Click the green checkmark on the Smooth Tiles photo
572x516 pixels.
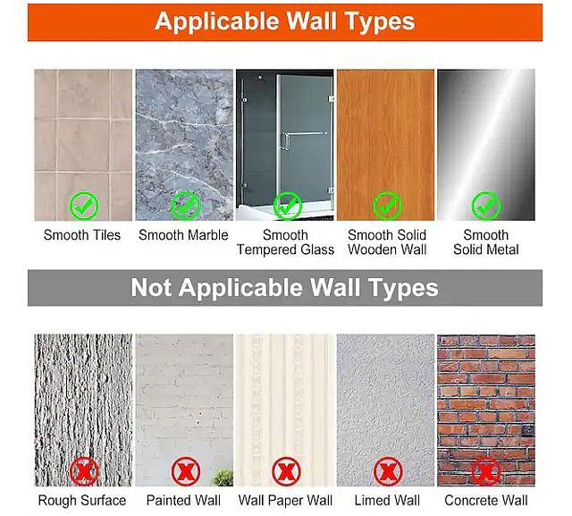tap(84, 206)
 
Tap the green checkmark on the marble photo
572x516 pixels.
tap(186, 206)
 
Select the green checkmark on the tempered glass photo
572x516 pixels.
tap(287, 206)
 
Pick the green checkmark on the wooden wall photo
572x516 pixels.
tap(387, 206)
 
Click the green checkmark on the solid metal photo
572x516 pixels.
tap(486, 206)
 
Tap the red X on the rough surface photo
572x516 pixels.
tap(84, 471)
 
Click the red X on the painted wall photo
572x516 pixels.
tap(186, 471)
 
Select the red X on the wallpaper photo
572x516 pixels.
tap(286, 471)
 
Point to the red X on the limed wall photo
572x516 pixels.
tap(388, 471)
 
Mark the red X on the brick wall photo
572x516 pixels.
tap(486, 471)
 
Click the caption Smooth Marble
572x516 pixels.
tap(183, 235)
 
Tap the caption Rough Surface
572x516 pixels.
tap(82, 500)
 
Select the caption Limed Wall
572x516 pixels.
tap(387, 500)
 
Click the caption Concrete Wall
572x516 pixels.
tap(486, 500)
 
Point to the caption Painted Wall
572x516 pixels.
tap(183, 500)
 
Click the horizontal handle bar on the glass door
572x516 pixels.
tap(306, 133)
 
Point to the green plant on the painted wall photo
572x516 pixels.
tap(223, 478)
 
